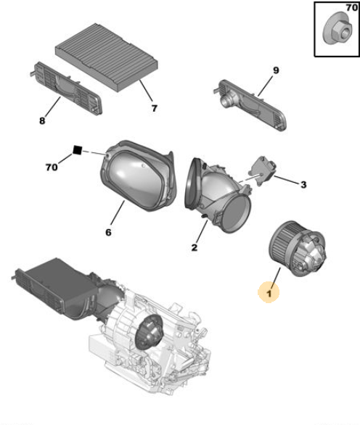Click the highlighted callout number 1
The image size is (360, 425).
[x=269, y=293]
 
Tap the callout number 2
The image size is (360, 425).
[x=195, y=247]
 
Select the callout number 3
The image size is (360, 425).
[x=303, y=185]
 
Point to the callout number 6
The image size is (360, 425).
[x=108, y=232]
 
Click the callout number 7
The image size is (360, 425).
[x=154, y=108]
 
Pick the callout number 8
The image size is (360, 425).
[x=42, y=120]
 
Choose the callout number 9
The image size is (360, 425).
[x=276, y=70]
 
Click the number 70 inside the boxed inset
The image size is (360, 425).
[x=351, y=7]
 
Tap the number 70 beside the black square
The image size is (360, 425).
[x=52, y=168]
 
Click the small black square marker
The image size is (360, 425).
[x=78, y=150]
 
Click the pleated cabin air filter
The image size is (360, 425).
[x=107, y=57]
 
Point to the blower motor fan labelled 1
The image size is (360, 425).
[x=298, y=249]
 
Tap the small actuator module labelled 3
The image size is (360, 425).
[x=262, y=170]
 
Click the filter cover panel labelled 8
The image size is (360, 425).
[x=66, y=88]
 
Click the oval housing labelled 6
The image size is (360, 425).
[x=139, y=176]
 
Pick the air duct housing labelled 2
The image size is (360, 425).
[x=218, y=195]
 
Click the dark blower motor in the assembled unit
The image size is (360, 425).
[x=149, y=331]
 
